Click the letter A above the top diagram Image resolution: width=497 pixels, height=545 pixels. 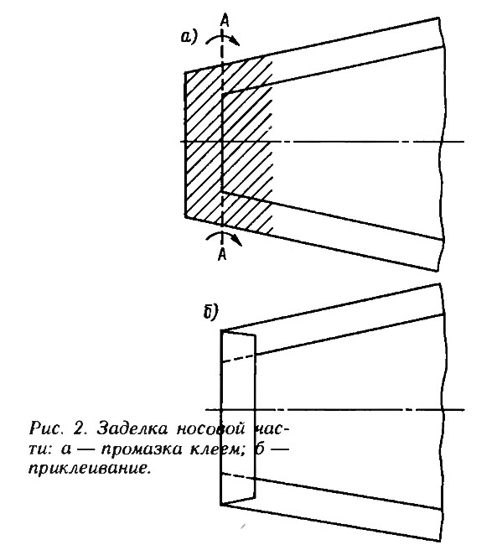[x=225, y=21]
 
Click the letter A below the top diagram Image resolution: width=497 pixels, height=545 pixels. [x=222, y=255]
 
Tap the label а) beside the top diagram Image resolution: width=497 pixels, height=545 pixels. [x=189, y=37]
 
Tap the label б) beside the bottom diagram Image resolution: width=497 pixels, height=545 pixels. [x=210, y=311]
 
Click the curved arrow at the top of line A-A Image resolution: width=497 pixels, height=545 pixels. [x=222, y=39]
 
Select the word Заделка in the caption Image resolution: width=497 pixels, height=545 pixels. [x=132, y=428]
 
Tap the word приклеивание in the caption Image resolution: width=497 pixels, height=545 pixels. [x=90, y=469]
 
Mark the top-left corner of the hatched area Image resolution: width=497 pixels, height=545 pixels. [x=185, y=73]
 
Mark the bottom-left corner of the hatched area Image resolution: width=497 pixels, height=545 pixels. [x=185, y=218]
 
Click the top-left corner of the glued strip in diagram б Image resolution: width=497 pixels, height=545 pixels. [x=221, y=330]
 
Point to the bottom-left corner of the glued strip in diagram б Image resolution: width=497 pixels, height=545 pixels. [x=221, y=504]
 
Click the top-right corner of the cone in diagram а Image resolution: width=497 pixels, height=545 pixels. [x=438, y=18]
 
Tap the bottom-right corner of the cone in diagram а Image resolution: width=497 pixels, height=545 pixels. [x=437, y=271]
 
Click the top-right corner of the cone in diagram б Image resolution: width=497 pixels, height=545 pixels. [x=440, y=284]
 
